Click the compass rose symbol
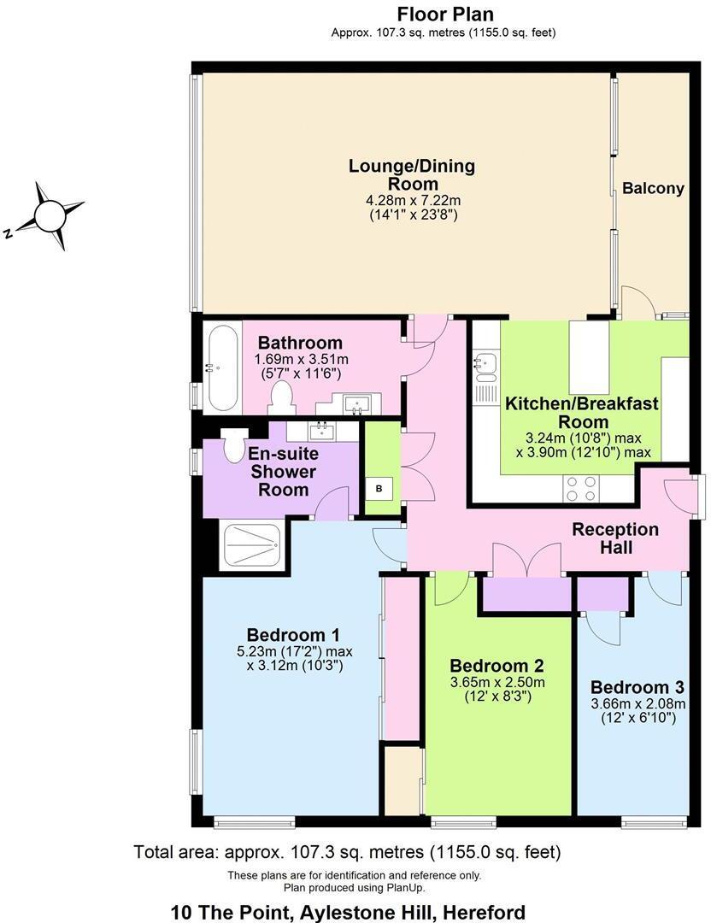[x=49, y=212]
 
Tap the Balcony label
[x=653, y=189]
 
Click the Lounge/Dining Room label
[x=412, y=174]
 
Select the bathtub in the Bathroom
[x=222, y=367]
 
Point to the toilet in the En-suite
[x=232, y=444]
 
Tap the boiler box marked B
[x=379, y=489]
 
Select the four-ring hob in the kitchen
[x=581, y=488]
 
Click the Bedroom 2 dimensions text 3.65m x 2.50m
[x=497, y=682]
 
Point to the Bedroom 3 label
[x=638, y=687]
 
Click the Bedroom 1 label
[x=293, y=635]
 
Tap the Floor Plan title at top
[x=444, y=15]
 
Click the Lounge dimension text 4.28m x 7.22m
[x=412, y=201]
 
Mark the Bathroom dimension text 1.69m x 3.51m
[x=301, y=360]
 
